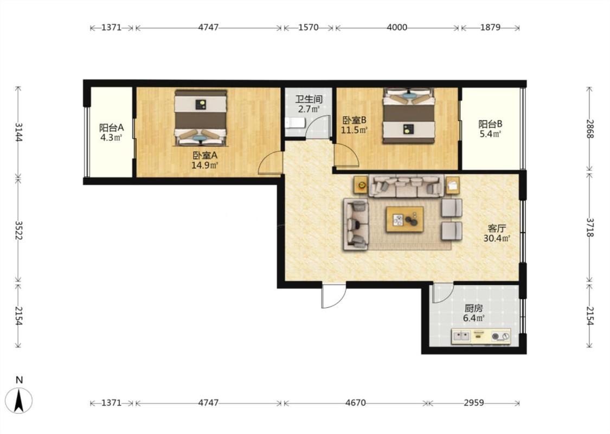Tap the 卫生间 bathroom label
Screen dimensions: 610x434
click(x=309, y=99)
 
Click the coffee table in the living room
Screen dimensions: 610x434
click(x=404, y=220)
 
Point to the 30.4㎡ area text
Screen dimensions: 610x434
click(x=496, y=238)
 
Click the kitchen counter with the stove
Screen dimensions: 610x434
click(x=481, y=336)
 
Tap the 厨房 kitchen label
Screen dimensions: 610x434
click(x=473, y=308)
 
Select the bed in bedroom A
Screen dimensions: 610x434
click(x=200, y=118)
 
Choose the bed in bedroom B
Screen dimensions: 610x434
click(x=408, y=116)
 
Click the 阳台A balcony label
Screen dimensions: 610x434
click(x=111, y=127)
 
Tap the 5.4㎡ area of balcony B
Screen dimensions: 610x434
click(x=490, y=134)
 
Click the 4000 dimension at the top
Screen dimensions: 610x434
click(x=397, y=27)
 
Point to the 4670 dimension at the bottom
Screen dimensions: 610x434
click(x=355, y=403)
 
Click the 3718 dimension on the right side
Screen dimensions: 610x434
click(x=590, y=227)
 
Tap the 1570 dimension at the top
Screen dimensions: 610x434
click(x=308, y=27)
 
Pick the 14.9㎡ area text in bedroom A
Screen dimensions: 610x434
click(x=204, y=165)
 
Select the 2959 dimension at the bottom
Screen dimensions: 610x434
click(x=473, y=403)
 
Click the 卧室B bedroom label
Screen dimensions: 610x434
click(x=354, y=120)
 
